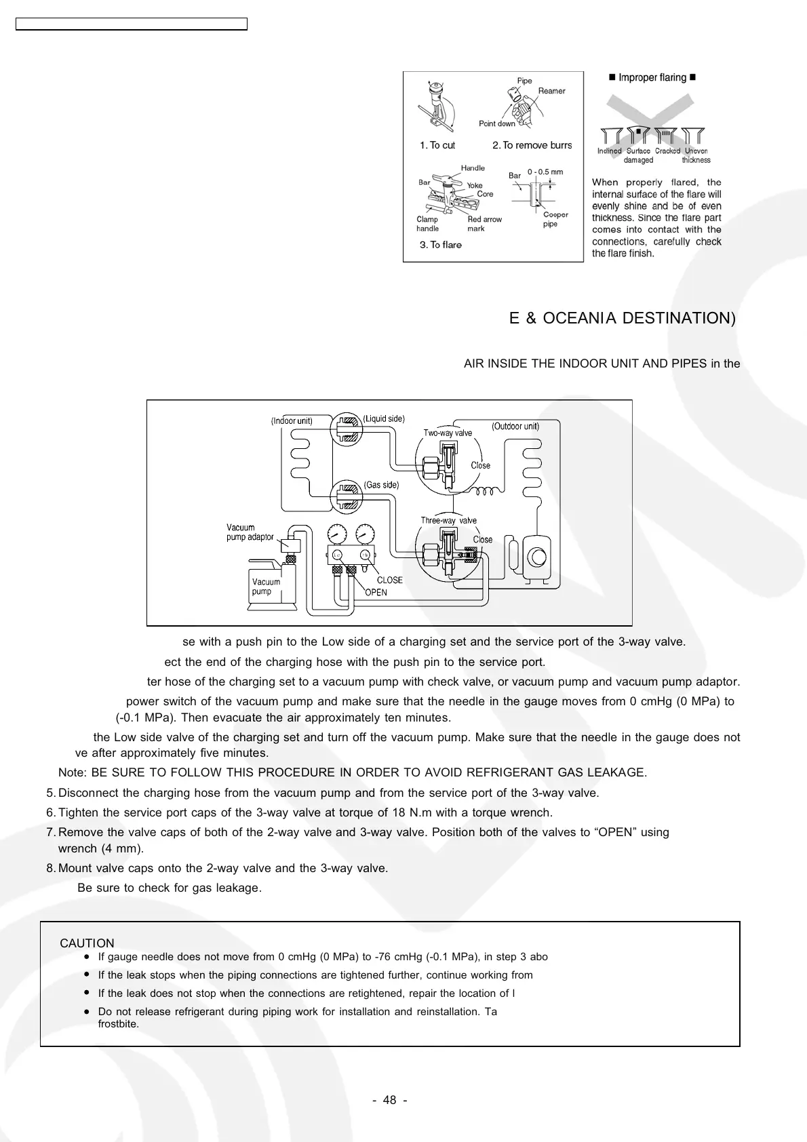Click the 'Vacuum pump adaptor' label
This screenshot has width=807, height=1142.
click(x=250, y=532)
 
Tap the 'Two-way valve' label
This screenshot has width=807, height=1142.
click(x=448, y=433)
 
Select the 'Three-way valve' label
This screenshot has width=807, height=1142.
click(x=448, y=520)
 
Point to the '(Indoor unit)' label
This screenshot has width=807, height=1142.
click(x=292, y=420)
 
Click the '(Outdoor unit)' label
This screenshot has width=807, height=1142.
click(x=515, y=426)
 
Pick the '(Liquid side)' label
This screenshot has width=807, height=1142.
click(x=384, y=418)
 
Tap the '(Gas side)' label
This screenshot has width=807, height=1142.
click(x=381, y=485)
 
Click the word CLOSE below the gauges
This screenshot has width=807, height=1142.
click(x=389, y=580)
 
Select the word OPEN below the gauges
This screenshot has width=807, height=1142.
click(x=376, y=592)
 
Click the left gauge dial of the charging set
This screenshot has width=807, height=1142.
click(x=337, y=534)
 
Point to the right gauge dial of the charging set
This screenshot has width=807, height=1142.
click(x=365, y=534)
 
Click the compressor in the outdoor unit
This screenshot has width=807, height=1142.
click(x=537, y=556)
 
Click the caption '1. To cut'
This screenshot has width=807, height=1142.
click(x=437, y=145)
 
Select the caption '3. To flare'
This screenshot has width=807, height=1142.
click(x=440, y=245)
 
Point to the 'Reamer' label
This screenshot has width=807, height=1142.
click(x=551, y=91)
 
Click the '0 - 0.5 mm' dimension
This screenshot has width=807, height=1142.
click(x=545, y=172)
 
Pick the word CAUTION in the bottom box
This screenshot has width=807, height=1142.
click(x=87, y=943)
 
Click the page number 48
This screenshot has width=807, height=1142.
click(x=390, y=1100)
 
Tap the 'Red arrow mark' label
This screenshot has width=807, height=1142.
click(x=484, y=224)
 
